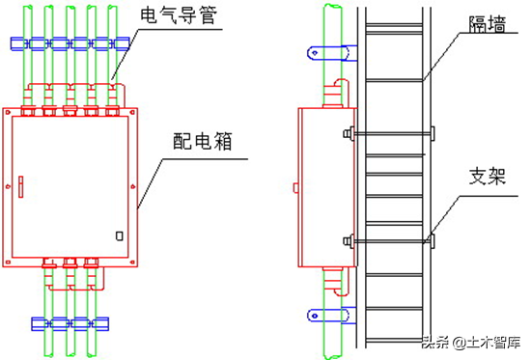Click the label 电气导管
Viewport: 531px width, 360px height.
coord(179,15)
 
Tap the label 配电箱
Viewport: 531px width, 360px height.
coord(203,141)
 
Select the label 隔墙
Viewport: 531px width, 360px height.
coord(488,24)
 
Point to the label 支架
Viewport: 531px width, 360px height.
coord(488,176)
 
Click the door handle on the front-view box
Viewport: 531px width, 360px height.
coord(20,186)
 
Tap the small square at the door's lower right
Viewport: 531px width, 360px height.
coord(119,235)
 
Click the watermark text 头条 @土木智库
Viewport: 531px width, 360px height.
coord(472,343)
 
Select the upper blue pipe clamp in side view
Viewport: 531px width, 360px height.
coord(332,53)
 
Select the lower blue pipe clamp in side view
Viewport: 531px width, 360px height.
coord(332,316)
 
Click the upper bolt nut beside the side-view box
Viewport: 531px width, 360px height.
coord(349,133)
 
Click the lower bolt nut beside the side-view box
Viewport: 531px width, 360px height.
coord(349,241)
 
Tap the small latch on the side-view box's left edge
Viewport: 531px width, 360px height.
coord(295,187)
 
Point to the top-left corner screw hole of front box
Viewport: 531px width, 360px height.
coord(8,112)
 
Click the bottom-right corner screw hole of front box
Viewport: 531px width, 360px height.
coord(132,262)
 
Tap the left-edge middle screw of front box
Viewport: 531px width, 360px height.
coord(8,186)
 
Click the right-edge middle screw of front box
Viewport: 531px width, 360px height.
coord(133,186)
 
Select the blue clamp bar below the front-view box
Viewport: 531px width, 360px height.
coord(70,323)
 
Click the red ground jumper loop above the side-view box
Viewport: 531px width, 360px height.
coord(342,92)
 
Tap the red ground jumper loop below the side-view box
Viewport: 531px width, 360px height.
coord(342,283)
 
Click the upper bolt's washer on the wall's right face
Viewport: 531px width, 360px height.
coord(433,133)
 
